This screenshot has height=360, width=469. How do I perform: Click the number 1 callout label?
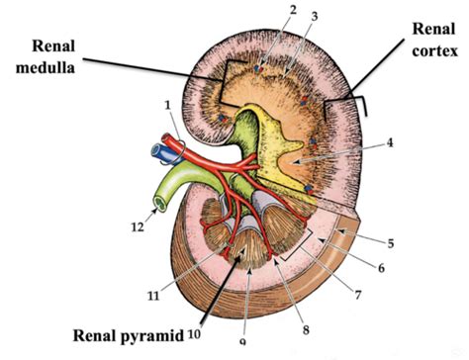point(168,106)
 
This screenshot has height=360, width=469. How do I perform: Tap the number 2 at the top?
point(293,11)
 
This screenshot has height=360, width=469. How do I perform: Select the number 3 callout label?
point(315,17)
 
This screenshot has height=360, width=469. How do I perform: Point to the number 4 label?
point(390,143)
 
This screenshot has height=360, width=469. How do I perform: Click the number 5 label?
point(391,243)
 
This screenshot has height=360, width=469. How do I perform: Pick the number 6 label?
point(381,268)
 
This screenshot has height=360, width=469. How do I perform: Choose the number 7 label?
point(358,295)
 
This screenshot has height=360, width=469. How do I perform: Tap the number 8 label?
point(306,329)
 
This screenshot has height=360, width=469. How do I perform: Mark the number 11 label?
point(153,297)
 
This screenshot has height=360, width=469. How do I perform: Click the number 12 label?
point(138,226)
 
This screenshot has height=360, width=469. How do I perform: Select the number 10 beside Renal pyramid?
point(194,335)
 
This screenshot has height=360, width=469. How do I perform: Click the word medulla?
point(46,68)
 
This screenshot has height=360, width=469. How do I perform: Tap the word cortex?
point(435,50)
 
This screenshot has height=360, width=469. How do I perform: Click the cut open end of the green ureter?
point(159,204)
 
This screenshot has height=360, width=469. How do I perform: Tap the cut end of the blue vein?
point(155,151)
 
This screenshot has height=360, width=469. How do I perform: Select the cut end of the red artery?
point(165,137)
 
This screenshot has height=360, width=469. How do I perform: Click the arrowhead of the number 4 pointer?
point(298,162)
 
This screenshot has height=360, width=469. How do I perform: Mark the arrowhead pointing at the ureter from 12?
point(155,211)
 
